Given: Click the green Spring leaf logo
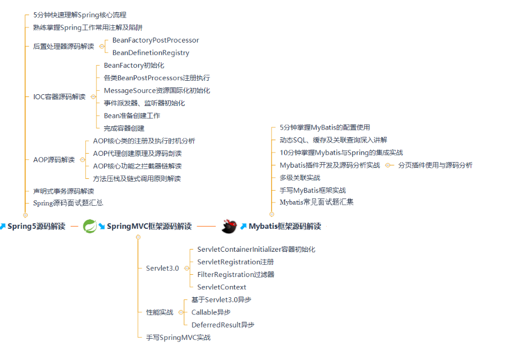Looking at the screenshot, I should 90,227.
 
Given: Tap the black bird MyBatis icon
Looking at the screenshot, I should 229,227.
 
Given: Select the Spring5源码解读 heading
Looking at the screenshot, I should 36,227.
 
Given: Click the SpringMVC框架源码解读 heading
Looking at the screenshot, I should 149,227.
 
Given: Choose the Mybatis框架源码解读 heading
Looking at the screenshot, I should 285,227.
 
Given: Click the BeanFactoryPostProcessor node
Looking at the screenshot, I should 155,40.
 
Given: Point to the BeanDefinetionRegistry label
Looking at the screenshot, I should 151,53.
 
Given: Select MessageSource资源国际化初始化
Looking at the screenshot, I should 157,90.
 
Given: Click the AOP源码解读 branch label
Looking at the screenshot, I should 54,160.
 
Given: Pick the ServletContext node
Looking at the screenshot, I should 221,287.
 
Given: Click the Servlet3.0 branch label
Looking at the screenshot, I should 162,269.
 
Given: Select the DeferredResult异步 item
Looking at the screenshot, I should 223,325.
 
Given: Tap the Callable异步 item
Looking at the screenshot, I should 211,312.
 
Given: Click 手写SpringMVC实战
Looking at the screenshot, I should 178,338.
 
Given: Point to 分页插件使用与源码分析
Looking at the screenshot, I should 435,165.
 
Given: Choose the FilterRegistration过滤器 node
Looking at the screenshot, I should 235,275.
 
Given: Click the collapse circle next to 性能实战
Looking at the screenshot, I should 180,312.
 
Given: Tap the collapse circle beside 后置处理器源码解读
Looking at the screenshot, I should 101,47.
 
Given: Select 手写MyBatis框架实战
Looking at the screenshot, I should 313,191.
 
